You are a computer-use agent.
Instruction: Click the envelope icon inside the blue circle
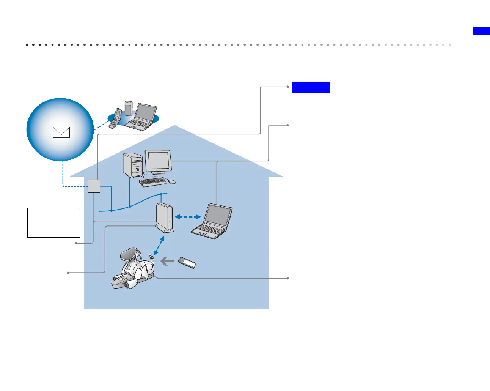point(61,132)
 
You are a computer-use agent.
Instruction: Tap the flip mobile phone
point(115,118)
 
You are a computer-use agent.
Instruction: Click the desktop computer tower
point(132,165)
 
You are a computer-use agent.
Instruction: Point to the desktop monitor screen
point(158,161)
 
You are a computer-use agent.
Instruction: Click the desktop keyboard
point(153,182)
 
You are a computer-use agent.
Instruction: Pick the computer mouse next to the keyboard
point(172,182)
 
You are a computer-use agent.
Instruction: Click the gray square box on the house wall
point(94,186)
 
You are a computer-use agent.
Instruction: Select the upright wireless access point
point(165,218)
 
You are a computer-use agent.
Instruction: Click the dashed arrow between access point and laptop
point(188,217)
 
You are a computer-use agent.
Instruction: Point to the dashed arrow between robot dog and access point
point(159,246)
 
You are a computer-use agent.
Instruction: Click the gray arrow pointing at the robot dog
point(167,261)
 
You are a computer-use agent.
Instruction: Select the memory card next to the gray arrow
point(187,262)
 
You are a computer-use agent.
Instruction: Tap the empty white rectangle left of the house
point(54,222)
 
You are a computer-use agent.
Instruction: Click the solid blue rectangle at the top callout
point(311,87)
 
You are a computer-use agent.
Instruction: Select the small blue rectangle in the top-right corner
point(481,31)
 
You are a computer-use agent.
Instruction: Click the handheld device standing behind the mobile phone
point(129,108)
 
